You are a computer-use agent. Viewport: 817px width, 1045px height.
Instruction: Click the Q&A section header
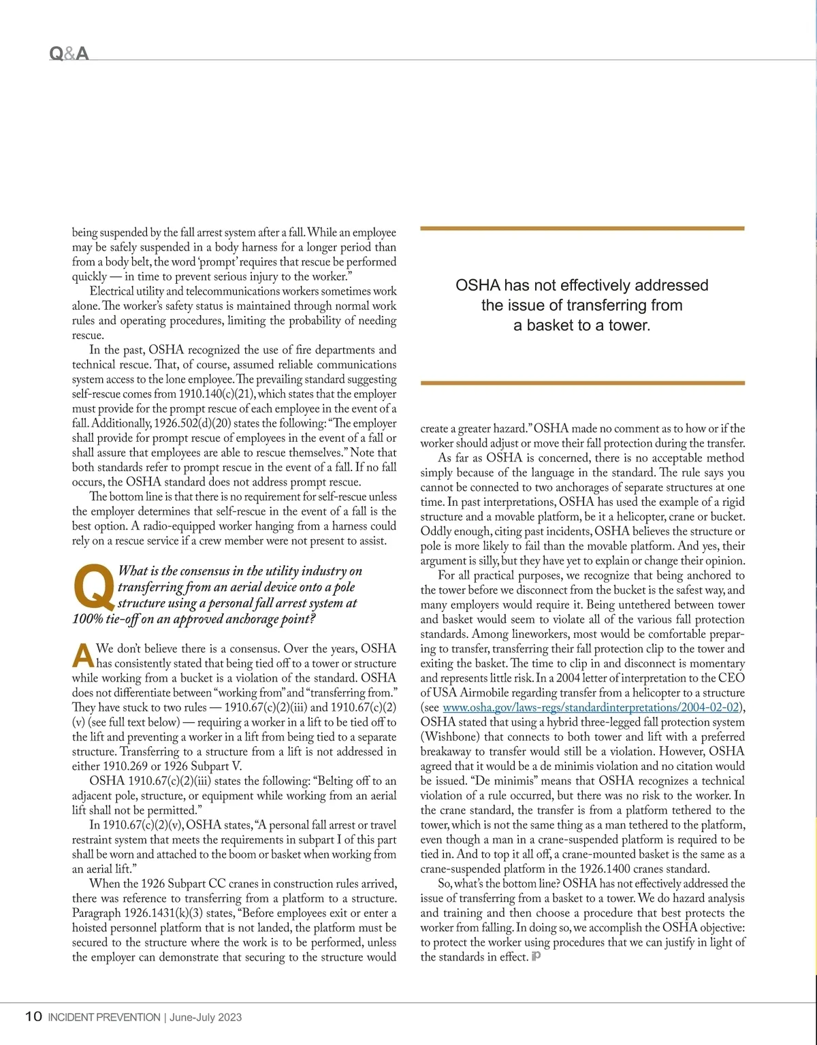pos(69,53)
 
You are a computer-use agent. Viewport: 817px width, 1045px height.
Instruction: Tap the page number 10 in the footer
pos(33,1016)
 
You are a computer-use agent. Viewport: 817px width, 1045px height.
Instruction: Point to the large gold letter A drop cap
pos(82,656)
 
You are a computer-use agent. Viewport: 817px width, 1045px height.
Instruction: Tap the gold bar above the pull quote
pos(582,229)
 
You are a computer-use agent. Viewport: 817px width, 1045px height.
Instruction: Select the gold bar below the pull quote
pos(582,383)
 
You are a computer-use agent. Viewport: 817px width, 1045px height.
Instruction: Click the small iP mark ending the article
pos(536,956)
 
